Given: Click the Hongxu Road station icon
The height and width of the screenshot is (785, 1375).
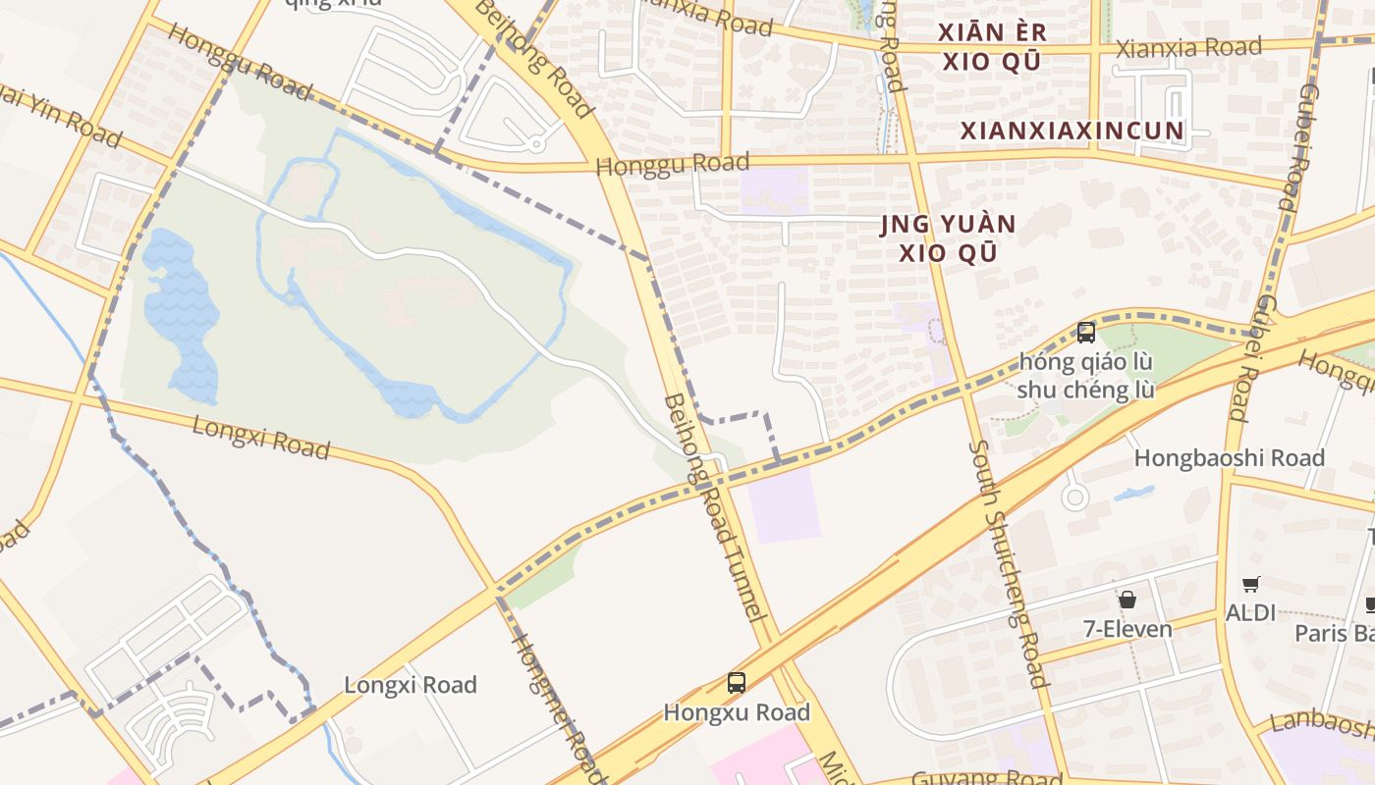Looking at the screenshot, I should tap(736, 683).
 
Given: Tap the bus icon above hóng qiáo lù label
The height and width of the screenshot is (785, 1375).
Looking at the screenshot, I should tap(1085, 333).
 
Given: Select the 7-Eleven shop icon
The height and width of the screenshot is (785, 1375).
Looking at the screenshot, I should tap(1127, 599).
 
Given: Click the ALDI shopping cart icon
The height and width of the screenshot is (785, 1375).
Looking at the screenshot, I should tap(1250, 585).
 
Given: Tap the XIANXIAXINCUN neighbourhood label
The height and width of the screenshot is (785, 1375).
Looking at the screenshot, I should tap(1072, 131).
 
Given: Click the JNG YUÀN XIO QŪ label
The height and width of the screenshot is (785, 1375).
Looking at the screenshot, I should tap(947, 239).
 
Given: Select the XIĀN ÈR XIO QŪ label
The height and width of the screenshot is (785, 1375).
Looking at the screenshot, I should tap(991, 47).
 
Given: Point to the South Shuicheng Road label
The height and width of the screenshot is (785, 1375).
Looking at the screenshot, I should tap(1008, 563).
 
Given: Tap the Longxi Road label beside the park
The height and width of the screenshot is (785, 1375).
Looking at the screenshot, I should tap(260, 437).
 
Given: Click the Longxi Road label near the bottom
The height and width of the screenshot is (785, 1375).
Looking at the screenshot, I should tap(410, 685).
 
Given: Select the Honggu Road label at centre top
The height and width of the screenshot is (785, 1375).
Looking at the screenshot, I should tap(673, 165).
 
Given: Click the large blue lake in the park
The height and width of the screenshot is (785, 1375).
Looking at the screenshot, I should tap(182, 314).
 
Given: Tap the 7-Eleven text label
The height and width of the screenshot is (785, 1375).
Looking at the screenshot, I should tap(1127, 629).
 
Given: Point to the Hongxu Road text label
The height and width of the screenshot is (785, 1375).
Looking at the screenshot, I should tap(737, 712).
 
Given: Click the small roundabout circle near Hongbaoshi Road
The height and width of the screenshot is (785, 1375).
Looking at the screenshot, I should tap(1075, 497).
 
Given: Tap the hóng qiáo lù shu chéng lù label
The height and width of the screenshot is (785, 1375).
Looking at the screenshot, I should tap(1085, 376).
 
